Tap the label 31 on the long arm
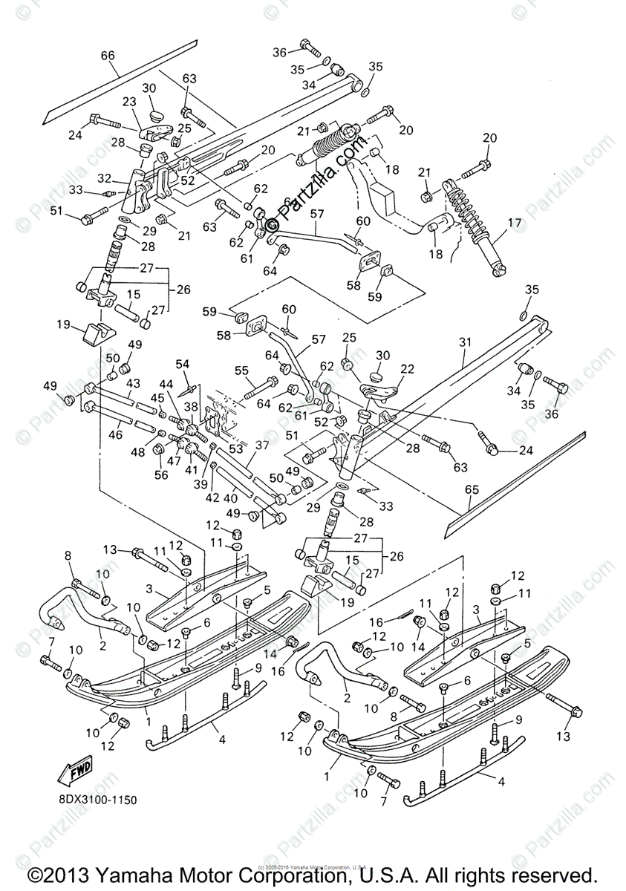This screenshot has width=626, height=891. (x=466, y=343)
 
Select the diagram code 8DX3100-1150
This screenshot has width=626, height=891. (x=94, y=800)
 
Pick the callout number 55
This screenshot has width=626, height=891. (x=241, y=370)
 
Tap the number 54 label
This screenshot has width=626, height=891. (x=182, y=363)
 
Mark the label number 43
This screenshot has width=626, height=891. (x=133, y=382)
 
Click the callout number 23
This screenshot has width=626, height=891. (x=130, y=102)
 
